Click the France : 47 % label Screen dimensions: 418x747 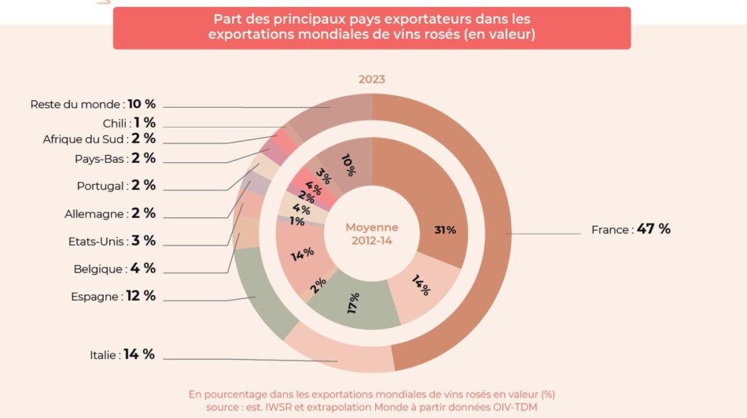pos(631,230)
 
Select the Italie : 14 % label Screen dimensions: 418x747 pos(122,355)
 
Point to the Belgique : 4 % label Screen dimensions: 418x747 pos(115,268)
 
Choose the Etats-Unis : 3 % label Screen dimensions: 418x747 pos(110,241)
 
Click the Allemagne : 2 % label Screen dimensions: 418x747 pos(110,213)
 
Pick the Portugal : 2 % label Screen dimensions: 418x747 pos(116,186)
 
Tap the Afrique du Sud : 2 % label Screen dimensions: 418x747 pos(99,139)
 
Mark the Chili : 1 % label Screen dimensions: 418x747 pos(129,123)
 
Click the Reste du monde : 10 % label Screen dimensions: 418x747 pos(93,104)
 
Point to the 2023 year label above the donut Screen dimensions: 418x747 pos(372,80)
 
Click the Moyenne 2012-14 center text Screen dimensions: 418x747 pos(372,234)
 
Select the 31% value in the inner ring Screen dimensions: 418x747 pos(445,230)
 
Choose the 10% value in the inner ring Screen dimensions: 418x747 pos(348,164)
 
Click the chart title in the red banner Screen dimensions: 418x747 pos(372,28)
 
